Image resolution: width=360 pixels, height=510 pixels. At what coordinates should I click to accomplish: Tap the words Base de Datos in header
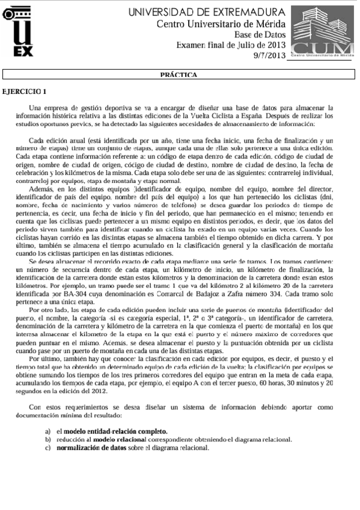pyautogui.click(x=260, y=34)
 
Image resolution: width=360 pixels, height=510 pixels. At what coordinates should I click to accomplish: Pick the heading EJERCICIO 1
pyautogui.click(x=25, y=91)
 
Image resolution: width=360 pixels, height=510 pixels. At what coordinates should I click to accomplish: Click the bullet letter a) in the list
pyautogui.click(x=47, y=432)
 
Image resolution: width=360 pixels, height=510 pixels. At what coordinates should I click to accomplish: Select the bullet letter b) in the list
pyautogui.click(x=47, y=440)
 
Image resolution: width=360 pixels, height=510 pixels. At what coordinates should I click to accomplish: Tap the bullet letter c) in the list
pyautogui.click(x=47, y=448)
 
